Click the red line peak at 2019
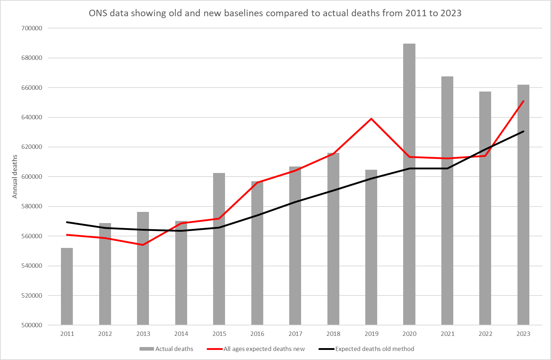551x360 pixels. tap(371, 119)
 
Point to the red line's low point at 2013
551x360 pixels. tap(143, 245)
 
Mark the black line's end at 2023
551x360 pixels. tap(523, 132)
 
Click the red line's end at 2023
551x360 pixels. tap(523, 101)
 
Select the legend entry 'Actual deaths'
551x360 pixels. tap(174, 349)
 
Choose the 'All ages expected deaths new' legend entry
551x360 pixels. tap(264, 349)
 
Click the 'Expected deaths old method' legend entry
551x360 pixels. tap(374, 349)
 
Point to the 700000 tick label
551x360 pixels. tap(32, 28)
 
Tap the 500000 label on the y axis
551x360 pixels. tap(32, 325)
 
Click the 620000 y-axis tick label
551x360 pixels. tap(32, 147)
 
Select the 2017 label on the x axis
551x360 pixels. tap(295, 334)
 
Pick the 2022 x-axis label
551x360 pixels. tap(485, 334)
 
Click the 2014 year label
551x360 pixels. tap(181, 334)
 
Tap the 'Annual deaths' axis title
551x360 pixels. tap(15, 177)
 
